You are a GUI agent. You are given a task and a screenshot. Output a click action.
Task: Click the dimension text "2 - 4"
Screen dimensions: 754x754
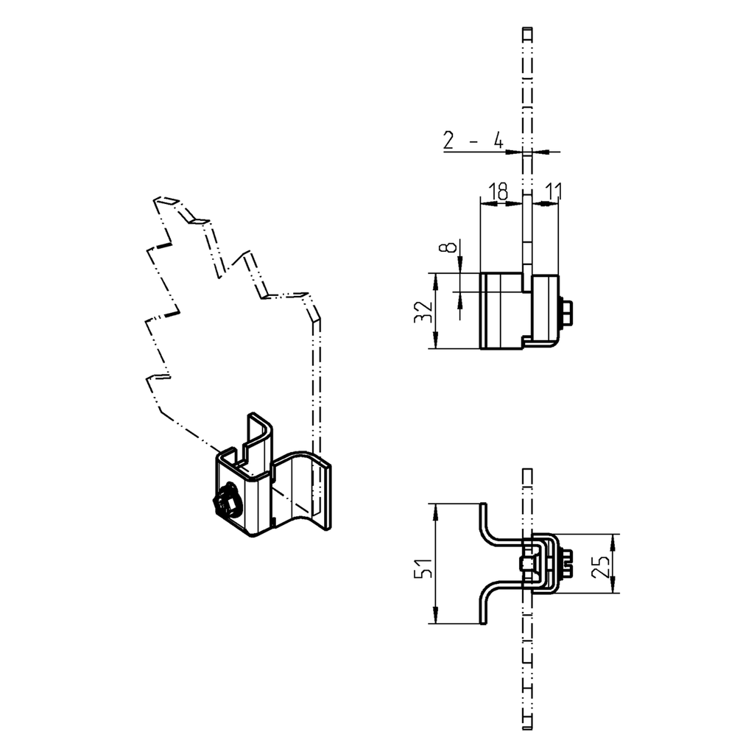point(473,140)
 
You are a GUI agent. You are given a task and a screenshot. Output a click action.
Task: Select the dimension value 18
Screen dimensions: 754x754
point(498,192)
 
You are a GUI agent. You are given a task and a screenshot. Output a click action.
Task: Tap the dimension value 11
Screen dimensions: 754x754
point(552,192)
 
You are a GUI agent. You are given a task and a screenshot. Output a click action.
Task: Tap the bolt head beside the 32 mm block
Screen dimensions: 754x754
point(568,313)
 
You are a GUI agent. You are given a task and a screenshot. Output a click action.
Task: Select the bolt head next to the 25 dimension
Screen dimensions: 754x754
point(568,564)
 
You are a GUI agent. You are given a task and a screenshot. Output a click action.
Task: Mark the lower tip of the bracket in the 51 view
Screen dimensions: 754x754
point(484,621)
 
